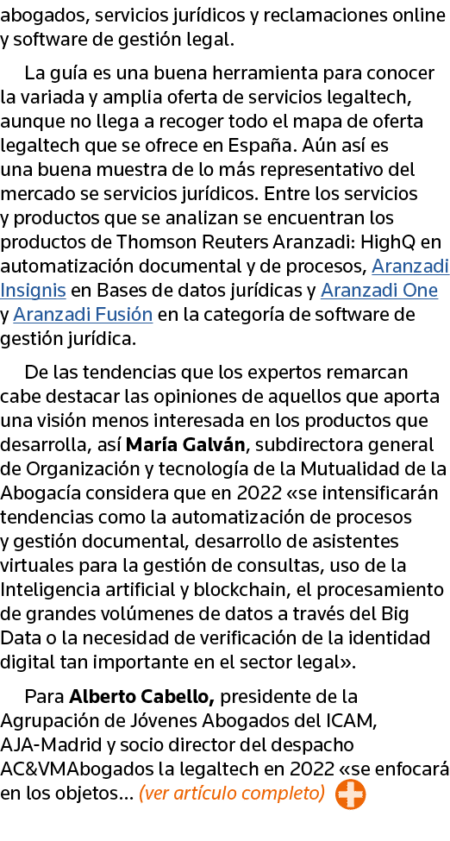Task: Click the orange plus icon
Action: click(x=350, y=794)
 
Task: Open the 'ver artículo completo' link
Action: click(x=232, y=794)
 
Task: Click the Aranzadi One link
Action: click(x=379, y=290)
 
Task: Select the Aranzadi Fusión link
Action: click(x=83, y=314)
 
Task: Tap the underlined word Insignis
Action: click(x=34, y=290)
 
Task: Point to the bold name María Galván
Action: click(x=185, y=444)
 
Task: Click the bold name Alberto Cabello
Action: click(x=141, y=697)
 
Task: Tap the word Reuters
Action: click(x=235, y=242)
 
